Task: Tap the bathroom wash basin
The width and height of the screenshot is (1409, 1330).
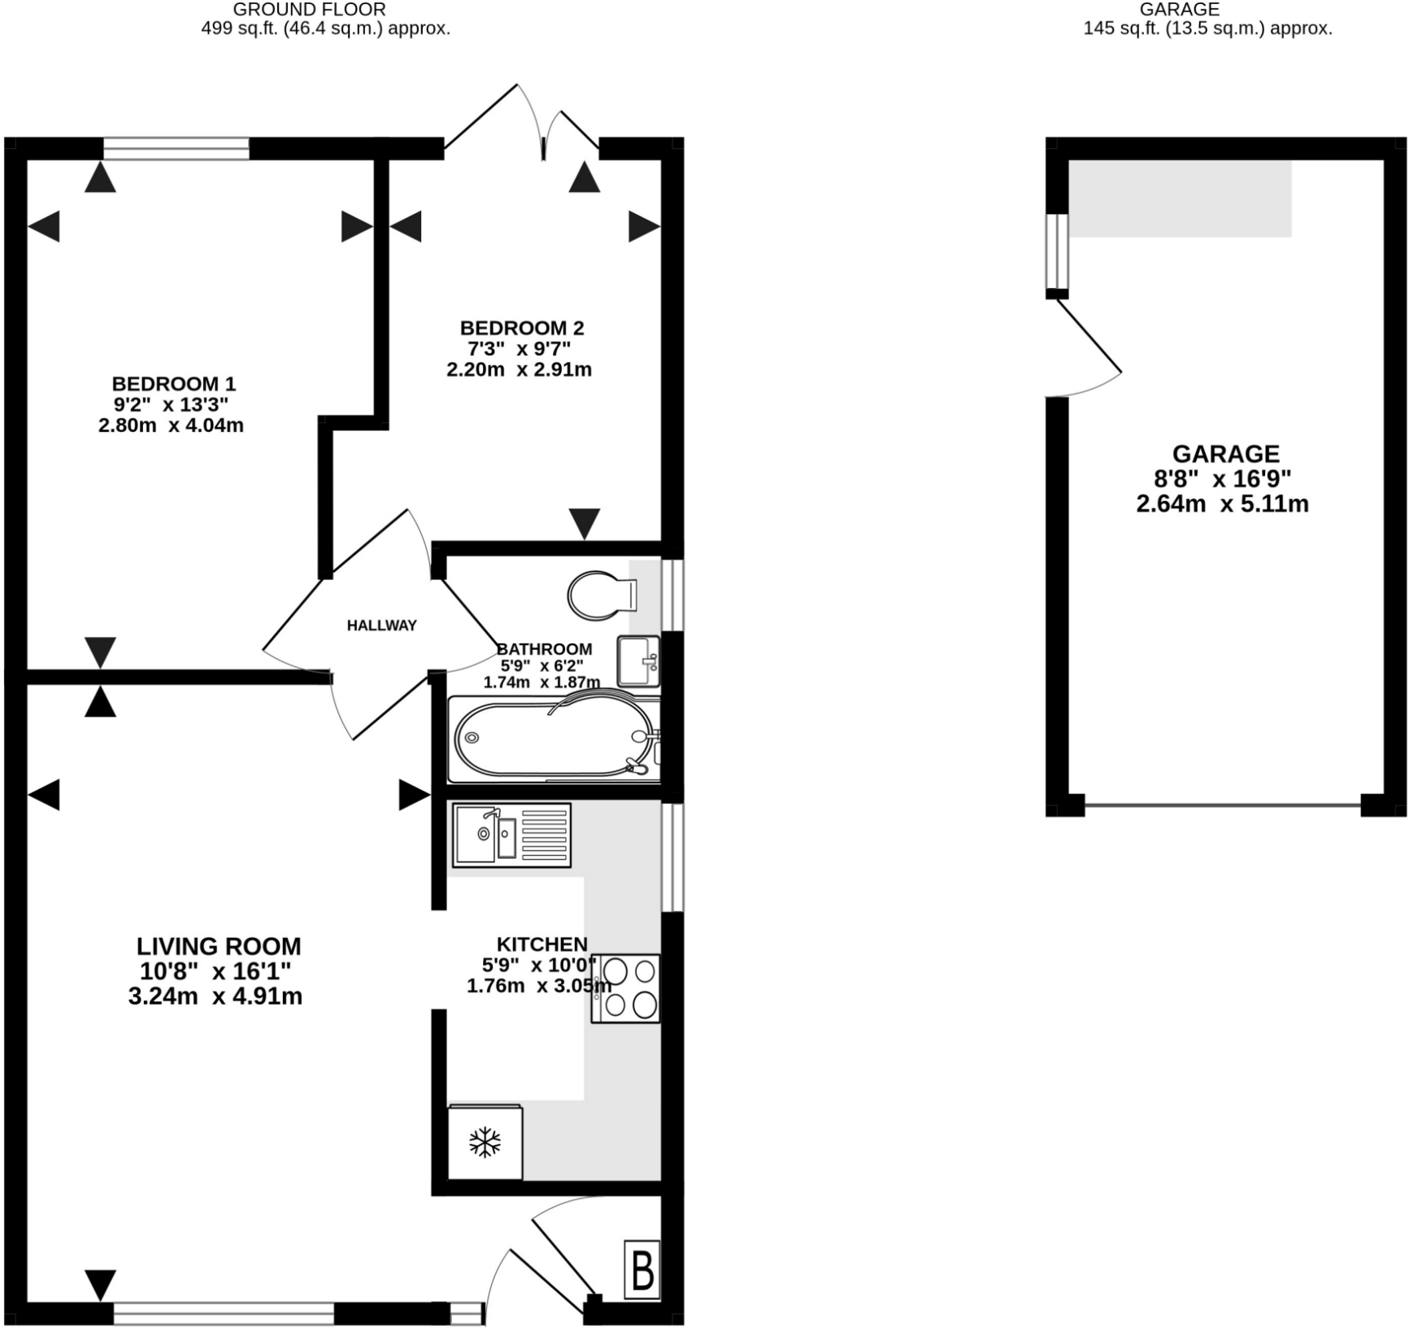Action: pos(638,661)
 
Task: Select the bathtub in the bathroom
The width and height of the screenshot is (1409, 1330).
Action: pos(554,739)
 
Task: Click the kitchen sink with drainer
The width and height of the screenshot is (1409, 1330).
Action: pos(512,835)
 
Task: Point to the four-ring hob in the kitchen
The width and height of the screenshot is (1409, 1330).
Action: pos(625,988)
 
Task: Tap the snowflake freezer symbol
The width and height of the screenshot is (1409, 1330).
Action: pos(485,1142)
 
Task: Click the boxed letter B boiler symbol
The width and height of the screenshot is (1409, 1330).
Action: pos(642,1270)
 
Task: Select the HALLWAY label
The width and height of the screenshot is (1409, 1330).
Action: pos(381,626)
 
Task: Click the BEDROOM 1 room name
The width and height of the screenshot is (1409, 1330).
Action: pos(174,383)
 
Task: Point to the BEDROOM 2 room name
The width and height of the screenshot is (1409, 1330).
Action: pos(522,328)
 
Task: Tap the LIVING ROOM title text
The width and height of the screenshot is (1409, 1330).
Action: pos(219,947)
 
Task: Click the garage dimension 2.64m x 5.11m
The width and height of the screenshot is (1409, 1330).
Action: pos(1223,504)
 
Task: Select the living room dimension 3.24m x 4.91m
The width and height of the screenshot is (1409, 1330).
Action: pos(215,996)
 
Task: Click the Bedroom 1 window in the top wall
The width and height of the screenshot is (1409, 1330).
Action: pos(176,148)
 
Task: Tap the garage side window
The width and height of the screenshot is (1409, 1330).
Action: pos(1057,251)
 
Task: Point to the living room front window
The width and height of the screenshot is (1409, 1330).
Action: pos(224,1313)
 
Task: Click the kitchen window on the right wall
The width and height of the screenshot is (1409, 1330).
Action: pos(672,857)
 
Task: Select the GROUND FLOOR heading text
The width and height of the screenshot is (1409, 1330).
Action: pos(310,10)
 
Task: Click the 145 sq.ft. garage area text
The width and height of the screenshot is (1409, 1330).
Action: pos(1208,28)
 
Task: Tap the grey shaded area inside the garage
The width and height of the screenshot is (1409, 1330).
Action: pos(1180,198)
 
